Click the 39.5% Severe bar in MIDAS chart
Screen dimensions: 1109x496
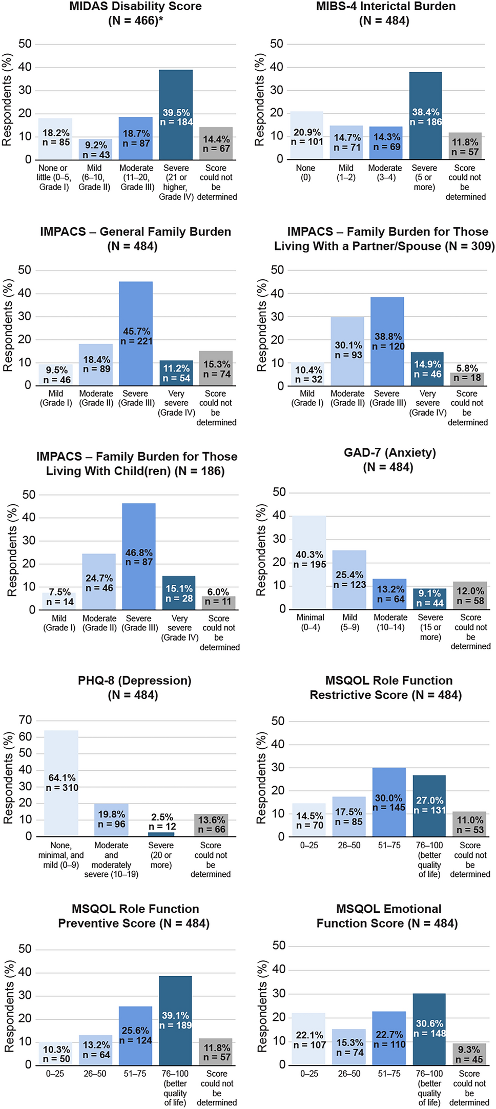(176, 92)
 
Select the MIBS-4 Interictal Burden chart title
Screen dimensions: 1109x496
(385, 7)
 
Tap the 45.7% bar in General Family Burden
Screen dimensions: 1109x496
(136, 307)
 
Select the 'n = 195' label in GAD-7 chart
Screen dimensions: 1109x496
(309, 564)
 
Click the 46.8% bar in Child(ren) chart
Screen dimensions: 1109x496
(139, 533)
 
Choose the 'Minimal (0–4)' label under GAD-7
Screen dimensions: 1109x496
(311, 622)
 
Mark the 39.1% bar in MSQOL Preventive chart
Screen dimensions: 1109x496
(175, 994)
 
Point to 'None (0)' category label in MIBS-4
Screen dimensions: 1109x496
(305, 173)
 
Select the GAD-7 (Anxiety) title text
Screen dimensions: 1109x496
(389, 453)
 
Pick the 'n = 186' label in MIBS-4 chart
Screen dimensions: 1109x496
(426, 122)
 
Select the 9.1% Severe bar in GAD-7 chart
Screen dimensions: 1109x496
(430, 599)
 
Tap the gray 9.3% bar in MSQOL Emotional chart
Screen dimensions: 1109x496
(469, 1053)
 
